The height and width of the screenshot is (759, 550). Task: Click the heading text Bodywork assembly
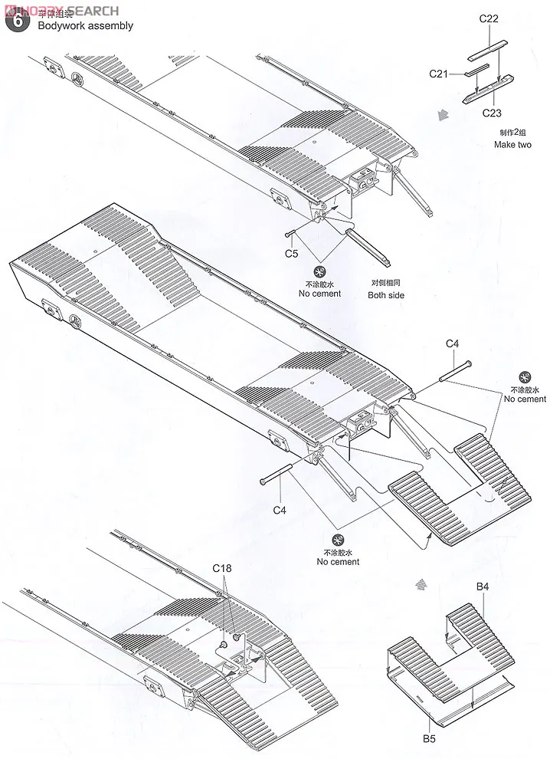85,25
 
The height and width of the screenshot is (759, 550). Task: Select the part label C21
438,73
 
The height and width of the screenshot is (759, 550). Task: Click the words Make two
512,144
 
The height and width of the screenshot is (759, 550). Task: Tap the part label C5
291,253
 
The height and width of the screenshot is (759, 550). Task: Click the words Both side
386,295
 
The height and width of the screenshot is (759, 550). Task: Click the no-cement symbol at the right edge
525,377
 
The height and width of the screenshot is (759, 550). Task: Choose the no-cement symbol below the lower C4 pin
338,540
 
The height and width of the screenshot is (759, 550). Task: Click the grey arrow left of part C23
440,115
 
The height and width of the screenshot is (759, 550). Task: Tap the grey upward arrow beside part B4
419,584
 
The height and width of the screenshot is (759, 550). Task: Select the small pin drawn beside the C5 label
290,234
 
